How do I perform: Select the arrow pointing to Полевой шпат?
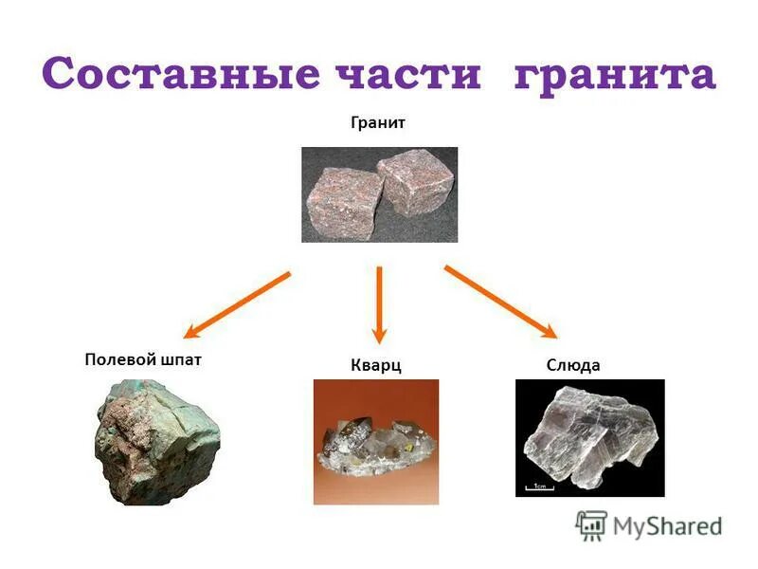237,304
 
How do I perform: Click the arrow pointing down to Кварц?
379,303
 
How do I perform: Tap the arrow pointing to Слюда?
500,303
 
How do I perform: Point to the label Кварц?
376,366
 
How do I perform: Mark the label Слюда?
573,366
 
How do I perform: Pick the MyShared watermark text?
667,526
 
